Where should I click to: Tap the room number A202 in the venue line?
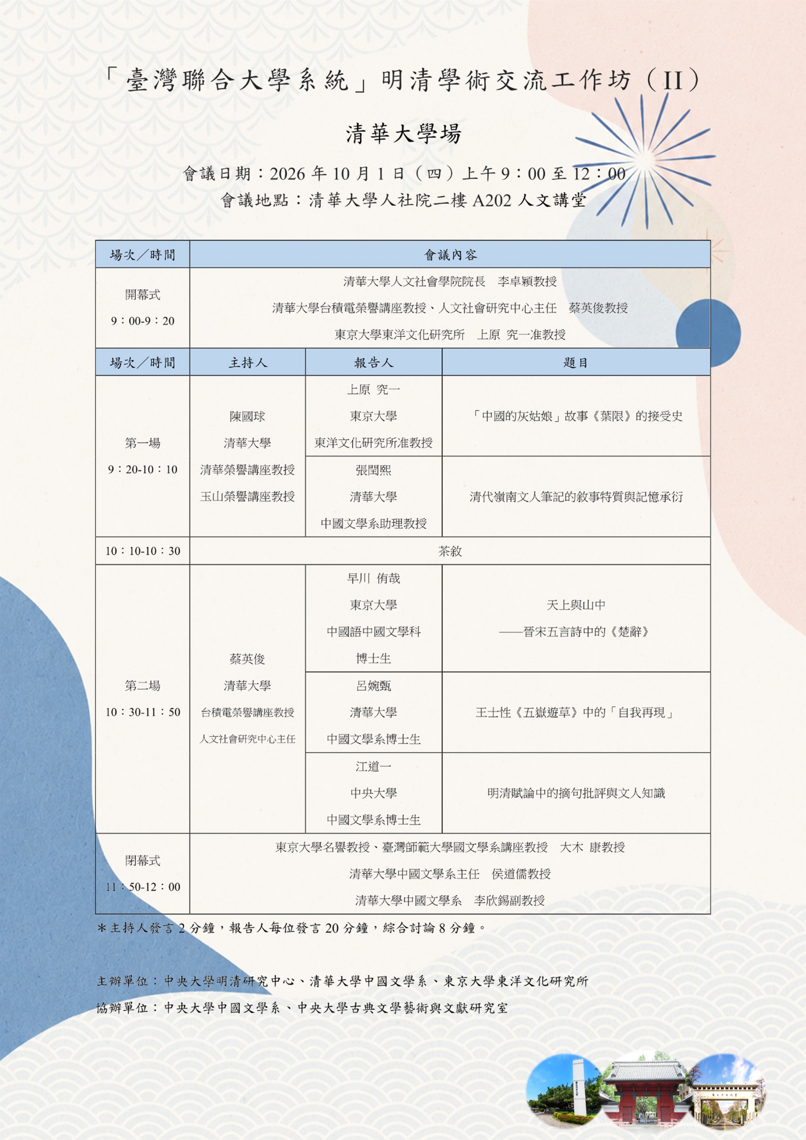491,200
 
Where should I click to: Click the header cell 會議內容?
450,255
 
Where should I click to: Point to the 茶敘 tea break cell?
450,551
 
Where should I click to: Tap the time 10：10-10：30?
143,551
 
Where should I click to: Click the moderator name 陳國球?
248,416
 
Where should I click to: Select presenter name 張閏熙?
374,470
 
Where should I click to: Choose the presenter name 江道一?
374,766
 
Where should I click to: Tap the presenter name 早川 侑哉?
374,578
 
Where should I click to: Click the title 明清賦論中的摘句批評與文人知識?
576,793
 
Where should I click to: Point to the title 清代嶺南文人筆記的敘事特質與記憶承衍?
576,497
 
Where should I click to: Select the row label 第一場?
143,443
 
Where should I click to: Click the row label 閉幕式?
143,860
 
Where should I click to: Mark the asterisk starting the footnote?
102,927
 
